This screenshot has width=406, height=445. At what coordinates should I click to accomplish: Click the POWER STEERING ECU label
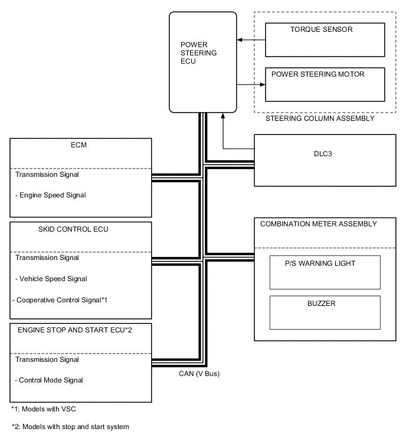click(x=198, y=52)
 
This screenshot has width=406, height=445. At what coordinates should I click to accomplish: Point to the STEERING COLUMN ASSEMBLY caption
click(x=320, y=118)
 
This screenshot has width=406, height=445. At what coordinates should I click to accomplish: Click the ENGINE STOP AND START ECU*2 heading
click(x=73, y=329)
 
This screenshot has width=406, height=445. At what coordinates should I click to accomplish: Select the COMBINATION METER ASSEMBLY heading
click(x=319, y=224)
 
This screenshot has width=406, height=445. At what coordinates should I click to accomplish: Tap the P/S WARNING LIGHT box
click(x=325, y=272)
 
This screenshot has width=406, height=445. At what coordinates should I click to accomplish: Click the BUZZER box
click(x=325, y=312)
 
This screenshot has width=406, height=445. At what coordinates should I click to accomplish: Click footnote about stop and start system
click(x=70, y=426)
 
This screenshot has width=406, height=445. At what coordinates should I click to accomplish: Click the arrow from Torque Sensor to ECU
click(x=250, y=40)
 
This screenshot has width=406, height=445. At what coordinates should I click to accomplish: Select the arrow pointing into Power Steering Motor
click(x=250, y=84)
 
